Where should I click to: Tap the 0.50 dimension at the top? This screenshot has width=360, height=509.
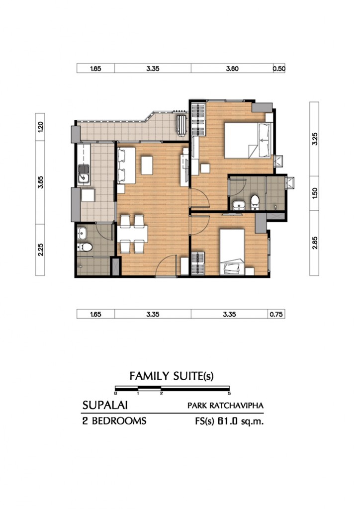tap(279, 69)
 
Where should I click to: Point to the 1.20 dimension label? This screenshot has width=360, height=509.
tap(41, 127)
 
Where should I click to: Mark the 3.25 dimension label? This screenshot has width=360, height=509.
tap(314, 139)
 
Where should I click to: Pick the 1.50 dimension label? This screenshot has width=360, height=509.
tap(314, 193)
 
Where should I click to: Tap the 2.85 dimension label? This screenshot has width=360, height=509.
tap(314, 243)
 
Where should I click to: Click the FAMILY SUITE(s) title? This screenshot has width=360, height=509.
tap(172, 376)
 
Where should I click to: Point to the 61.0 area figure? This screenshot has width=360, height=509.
tap(227, 422)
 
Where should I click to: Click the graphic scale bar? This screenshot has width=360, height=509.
tap(172, 388)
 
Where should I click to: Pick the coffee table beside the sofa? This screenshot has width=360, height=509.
tap(146, 166)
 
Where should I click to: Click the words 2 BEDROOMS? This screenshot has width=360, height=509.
tap(114, 422)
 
